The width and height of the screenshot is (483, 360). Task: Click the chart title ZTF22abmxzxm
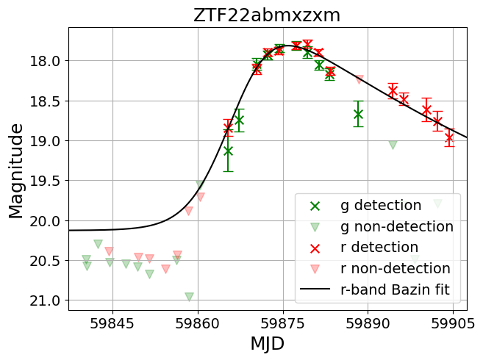point(267,15)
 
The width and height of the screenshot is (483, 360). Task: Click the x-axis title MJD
point(267,343)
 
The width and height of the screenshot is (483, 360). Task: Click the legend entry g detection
point(381,205)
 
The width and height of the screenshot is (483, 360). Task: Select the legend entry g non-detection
point(397,226)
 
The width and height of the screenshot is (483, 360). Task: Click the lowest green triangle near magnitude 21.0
point(189,297)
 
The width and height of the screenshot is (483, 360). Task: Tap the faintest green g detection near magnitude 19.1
point(228,151)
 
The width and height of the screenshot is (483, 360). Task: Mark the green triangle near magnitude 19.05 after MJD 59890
point(393,145)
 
